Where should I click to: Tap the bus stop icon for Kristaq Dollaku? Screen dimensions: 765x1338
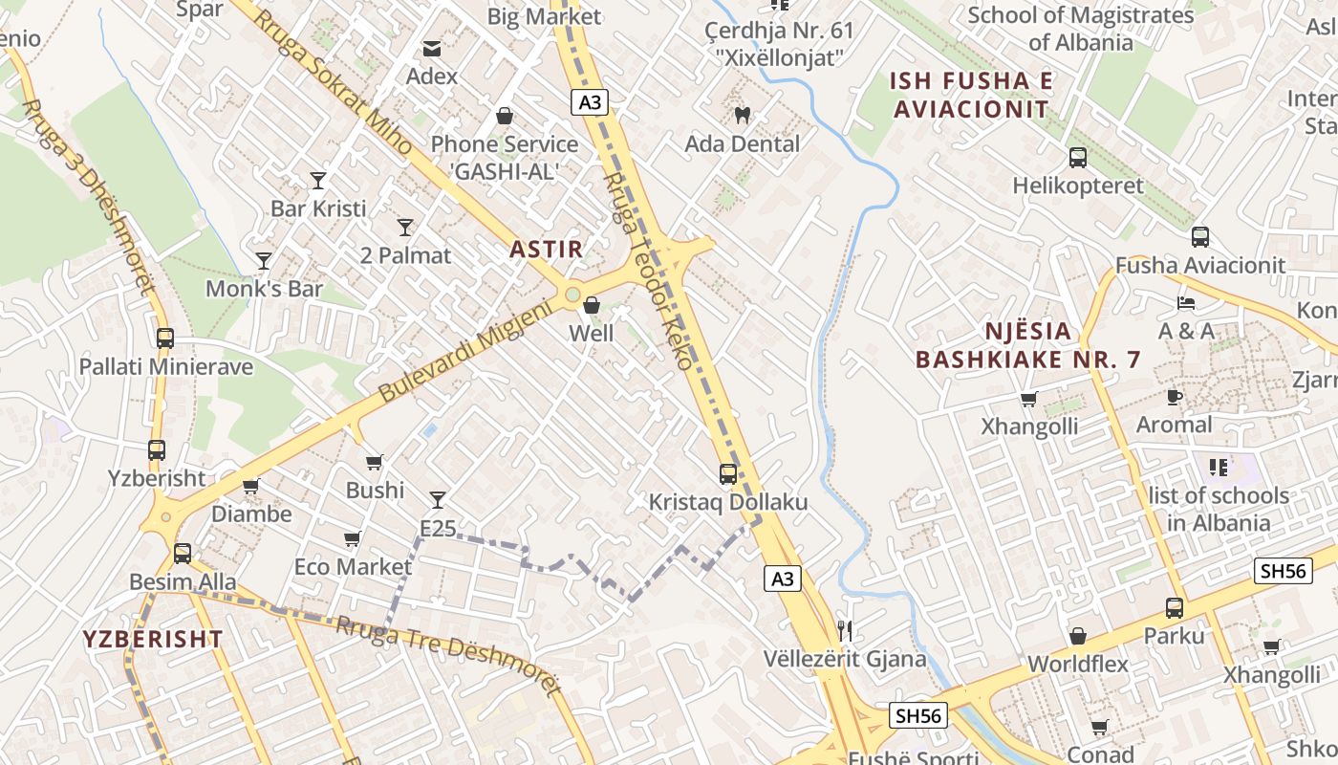727,473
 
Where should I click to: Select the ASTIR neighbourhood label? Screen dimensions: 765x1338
546,250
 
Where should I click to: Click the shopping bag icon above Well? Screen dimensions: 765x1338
592,306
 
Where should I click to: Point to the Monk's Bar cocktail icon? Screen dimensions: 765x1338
263,261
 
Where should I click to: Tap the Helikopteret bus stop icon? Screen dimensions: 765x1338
1077,158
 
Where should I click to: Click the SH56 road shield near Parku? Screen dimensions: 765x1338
1282,571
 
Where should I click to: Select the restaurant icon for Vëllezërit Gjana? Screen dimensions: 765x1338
844,630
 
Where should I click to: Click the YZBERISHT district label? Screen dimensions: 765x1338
153,640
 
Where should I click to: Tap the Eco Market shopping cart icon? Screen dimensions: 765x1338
352,539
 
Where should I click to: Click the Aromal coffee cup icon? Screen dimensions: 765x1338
1175,397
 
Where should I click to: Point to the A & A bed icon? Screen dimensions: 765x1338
1186,303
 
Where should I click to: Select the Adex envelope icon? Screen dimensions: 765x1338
432,48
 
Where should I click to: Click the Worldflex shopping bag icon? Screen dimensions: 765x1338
1077,636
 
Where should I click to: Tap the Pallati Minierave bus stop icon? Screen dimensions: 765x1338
165,338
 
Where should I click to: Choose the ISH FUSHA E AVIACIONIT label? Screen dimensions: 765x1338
971,95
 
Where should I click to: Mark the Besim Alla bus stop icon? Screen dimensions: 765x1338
182,554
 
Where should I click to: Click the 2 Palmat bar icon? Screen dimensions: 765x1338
405,228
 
